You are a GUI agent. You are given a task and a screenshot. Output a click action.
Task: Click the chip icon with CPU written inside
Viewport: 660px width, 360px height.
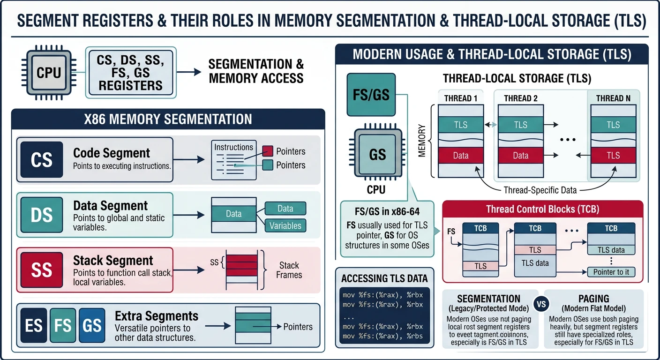(48, 73)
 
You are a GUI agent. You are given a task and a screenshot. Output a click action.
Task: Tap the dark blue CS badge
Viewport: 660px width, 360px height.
(41, 160)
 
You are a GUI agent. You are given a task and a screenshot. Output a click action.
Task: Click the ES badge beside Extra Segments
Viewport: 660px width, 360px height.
(33, 325)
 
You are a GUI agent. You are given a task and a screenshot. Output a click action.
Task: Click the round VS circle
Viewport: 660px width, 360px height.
(541, 304)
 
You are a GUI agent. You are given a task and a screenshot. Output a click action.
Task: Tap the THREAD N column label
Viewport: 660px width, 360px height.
(613, 98)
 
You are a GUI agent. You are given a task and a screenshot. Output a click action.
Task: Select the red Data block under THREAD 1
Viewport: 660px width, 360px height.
(460, 155)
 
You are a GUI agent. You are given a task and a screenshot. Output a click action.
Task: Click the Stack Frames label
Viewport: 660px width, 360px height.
(289, 270)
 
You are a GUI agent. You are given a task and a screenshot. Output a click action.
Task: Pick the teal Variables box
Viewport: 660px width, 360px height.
(285, 225)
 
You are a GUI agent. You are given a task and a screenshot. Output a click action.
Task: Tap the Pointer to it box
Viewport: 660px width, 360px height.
(611, 272)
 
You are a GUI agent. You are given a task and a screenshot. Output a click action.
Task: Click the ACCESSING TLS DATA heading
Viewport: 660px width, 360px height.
(384, 278)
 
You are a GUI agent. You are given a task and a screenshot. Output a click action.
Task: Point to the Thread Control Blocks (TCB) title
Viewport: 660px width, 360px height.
(542, 209)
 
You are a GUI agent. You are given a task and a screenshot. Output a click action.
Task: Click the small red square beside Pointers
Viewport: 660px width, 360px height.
(267, 151)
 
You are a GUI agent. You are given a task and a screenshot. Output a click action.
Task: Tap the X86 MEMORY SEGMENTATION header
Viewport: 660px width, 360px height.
(167, 119)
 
